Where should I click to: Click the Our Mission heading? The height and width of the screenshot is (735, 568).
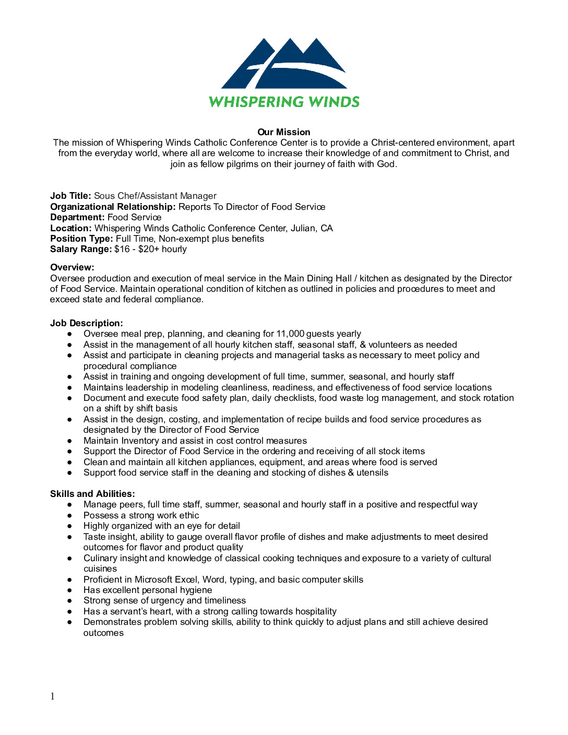click(x=283, y=132)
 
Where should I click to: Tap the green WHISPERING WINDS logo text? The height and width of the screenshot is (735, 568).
click(x=284, y=102)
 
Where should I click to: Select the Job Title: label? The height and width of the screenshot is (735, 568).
click(x=70, y=196)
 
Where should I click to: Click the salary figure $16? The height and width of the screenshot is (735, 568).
click(x=122, y=249)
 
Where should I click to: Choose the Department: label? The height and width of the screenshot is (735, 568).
click(x=77, y=217)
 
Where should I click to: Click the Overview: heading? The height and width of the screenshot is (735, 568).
click(x=72, y=267)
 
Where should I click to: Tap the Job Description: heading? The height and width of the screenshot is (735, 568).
click(x=87, y=323)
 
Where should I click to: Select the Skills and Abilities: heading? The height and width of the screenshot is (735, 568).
click(x=92, y=494)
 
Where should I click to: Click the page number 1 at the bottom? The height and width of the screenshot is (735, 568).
click(x=52, y=696)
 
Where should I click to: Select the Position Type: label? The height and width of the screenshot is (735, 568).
click(x=81, y=239)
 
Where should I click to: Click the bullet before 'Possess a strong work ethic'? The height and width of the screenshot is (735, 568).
click(x=69, y=515)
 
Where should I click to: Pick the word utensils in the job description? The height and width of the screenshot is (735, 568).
click(x=372, y=472)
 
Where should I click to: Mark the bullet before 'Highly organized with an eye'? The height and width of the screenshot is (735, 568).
click(x=69, y=526)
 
